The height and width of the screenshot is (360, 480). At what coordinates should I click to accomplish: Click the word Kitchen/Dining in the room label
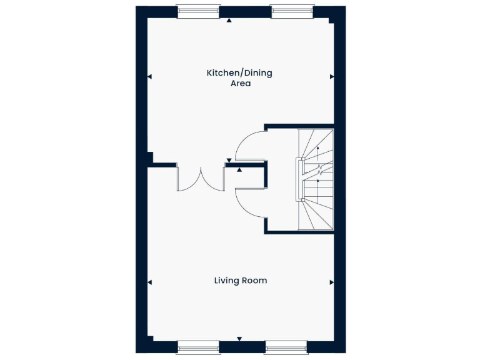[239, 73]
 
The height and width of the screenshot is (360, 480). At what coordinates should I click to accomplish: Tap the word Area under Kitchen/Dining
[240, 83]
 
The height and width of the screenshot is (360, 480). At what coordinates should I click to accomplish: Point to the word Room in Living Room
[255, 281]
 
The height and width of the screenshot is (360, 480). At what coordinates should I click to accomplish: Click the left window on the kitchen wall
[198, 10]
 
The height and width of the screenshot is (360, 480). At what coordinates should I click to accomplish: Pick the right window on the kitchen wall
[291, 10]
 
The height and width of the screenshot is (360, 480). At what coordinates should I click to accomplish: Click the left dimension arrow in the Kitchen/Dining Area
[150, 77]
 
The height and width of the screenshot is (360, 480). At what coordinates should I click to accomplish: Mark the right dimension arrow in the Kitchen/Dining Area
[332, 77]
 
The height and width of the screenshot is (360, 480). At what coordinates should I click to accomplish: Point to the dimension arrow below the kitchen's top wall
[229, 21]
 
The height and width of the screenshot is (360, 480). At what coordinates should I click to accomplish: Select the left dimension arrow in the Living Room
[150, 282]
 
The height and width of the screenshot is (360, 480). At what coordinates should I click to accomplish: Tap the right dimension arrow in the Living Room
[332, 282]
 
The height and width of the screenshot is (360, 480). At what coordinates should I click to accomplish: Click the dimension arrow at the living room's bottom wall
[239, 339]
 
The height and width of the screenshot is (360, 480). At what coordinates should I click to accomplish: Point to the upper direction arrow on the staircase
[318, 150]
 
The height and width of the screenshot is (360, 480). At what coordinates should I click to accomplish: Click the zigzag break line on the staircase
[319, 169]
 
